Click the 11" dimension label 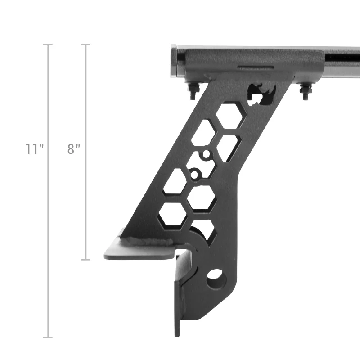pos(34,149)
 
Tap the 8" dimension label pos(74,149)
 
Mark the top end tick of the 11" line pos(48,45)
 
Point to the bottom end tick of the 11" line pos(48,337)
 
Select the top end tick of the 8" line pos(85,45)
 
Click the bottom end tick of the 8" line pos(85,260)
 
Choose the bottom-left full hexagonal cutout pos(172,214)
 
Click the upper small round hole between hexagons pos(206,155)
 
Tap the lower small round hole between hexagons pos(194,173)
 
